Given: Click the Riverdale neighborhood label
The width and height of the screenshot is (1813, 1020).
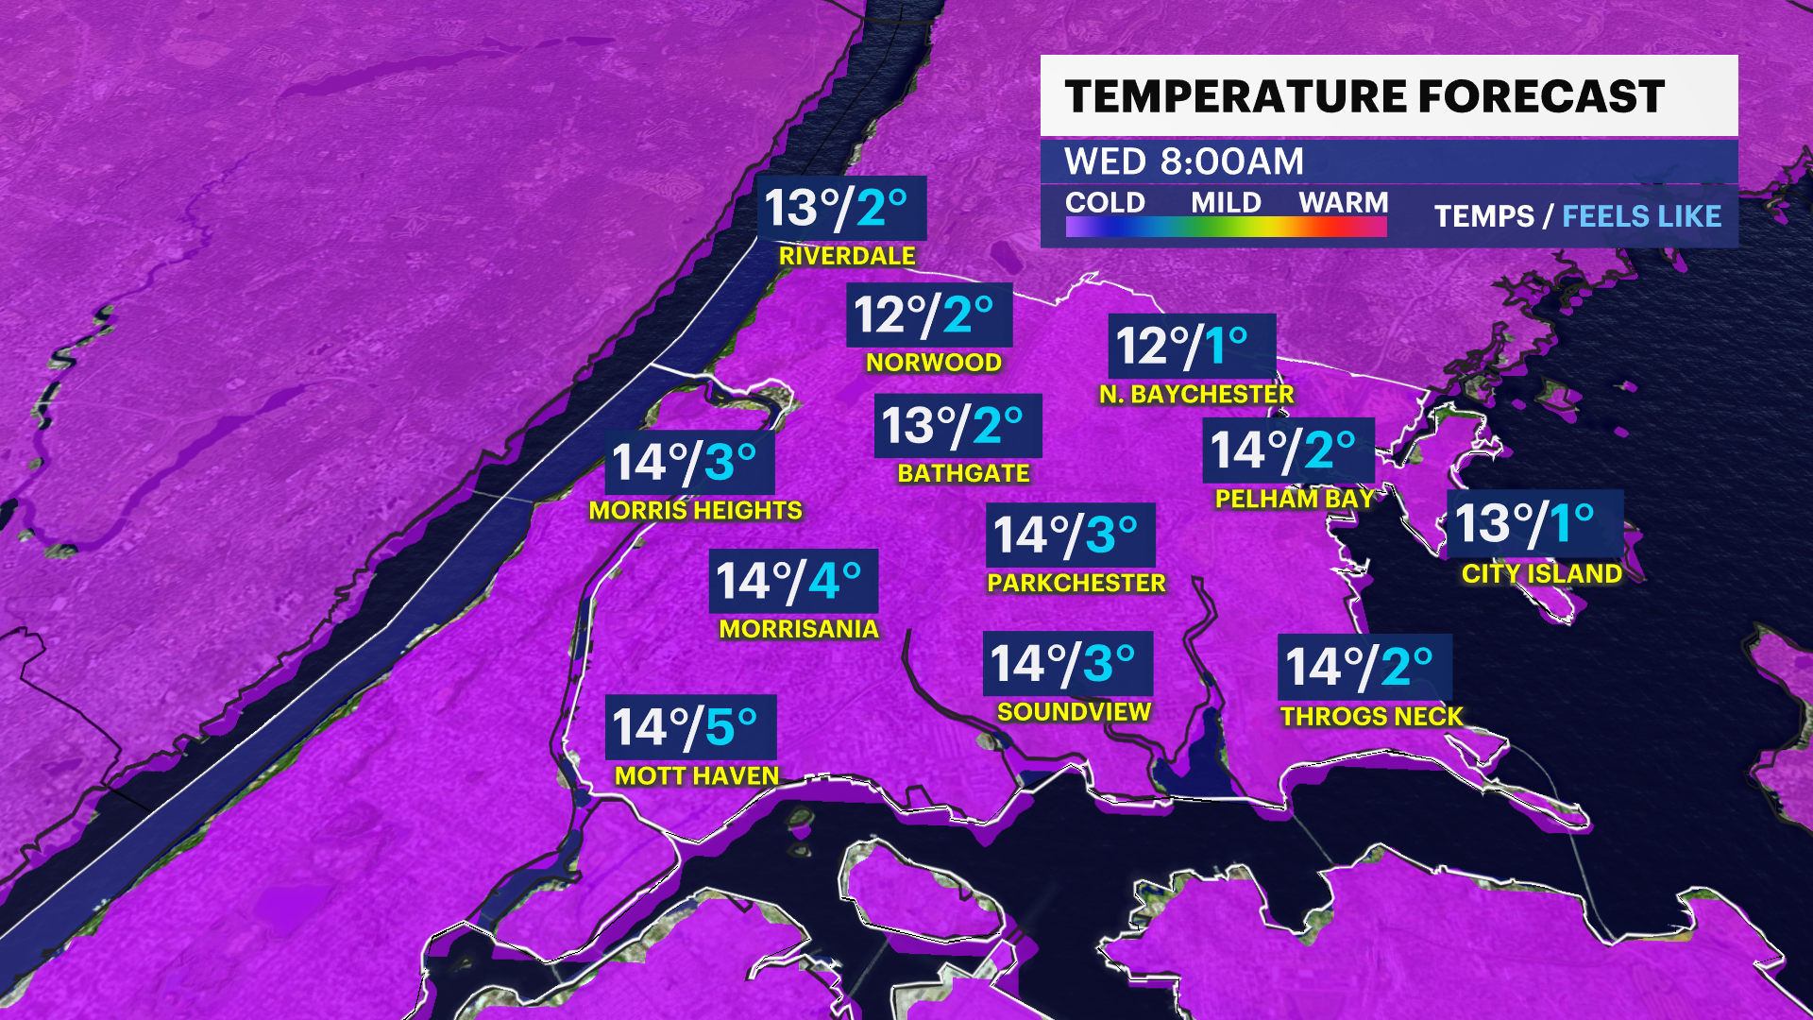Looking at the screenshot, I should [847, 256].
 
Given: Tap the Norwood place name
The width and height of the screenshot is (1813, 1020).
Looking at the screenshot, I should [934, 363].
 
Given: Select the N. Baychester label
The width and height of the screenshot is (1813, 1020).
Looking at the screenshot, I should [1196, 395].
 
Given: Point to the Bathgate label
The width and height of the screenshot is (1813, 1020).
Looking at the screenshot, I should [963, 473].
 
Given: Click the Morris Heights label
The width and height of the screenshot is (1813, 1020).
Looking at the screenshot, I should [695, 511].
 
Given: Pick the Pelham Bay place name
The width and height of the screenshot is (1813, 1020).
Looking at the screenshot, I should [1295, 499].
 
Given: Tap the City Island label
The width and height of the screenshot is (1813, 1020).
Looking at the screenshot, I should [1541, 573].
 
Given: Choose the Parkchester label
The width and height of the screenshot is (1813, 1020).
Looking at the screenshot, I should [1076, 583].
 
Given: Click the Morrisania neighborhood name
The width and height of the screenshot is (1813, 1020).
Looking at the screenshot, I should [799, 629].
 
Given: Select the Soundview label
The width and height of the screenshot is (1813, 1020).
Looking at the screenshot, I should [1074, 712].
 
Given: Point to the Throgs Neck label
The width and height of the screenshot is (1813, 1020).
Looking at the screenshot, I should [1371, 716].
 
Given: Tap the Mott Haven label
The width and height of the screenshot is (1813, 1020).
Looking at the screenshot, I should [697, 776].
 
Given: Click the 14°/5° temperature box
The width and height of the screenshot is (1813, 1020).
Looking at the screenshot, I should [690, 727].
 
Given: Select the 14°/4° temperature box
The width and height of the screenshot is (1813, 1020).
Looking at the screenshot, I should [793, 581].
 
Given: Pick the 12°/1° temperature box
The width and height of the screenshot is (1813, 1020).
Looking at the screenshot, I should [1191, 346].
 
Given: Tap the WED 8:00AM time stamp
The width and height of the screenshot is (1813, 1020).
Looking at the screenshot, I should [1183, 161].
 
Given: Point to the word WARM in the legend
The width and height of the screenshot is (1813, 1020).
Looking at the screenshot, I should [1343, 202].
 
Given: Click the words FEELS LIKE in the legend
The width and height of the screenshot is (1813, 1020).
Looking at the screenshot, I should [1641, 216].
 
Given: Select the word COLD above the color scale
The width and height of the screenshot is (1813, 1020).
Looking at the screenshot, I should [1105, 202].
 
